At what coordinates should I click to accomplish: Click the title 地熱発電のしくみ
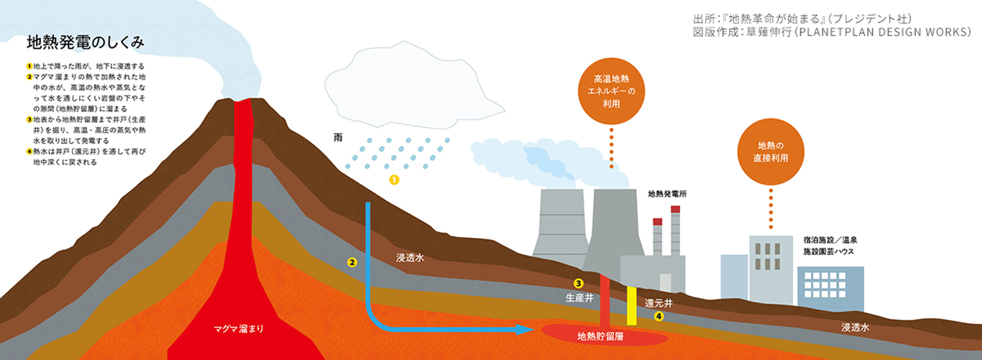coord(85,42)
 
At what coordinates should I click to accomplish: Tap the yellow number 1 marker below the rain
coord(393,180)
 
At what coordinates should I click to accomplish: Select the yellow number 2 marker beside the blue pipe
coord(352,262)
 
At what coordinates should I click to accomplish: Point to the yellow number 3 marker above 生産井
coord(578,284)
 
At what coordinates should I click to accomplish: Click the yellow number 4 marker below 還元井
coord(659,316)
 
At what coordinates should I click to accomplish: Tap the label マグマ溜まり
coord(238,329)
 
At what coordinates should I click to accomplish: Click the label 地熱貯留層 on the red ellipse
coord(601,335)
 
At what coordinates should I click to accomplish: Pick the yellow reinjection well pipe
coord(631,305)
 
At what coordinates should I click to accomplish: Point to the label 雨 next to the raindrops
coord(338,138)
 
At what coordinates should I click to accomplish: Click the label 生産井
coord(579,298)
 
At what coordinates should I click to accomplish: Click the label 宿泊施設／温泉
coord(830,241)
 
